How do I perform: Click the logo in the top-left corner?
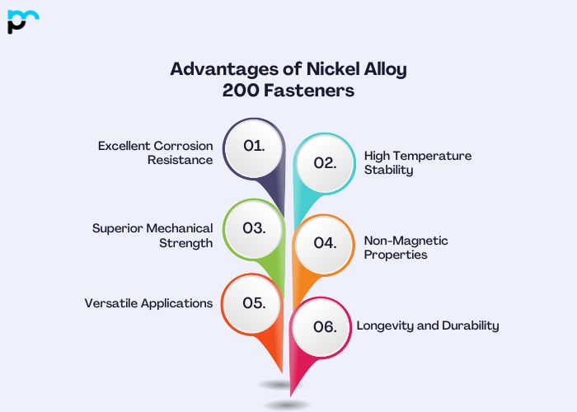pos(23,21)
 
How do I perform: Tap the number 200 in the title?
pos(241,91)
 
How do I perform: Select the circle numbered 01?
pos(254,146)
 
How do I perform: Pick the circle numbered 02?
pos(325,162)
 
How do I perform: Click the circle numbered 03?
pos(254,227)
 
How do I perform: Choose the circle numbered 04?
pos(325,243)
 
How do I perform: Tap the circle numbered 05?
pos(254,302)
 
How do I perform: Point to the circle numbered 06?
pos(325,326)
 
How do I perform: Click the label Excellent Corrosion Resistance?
pos(156,152)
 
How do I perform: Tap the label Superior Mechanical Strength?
pos(152,235)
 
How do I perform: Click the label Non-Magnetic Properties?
pos(406,247)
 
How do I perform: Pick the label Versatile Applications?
pos(148,303)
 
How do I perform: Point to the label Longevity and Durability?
pos(428,325)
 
